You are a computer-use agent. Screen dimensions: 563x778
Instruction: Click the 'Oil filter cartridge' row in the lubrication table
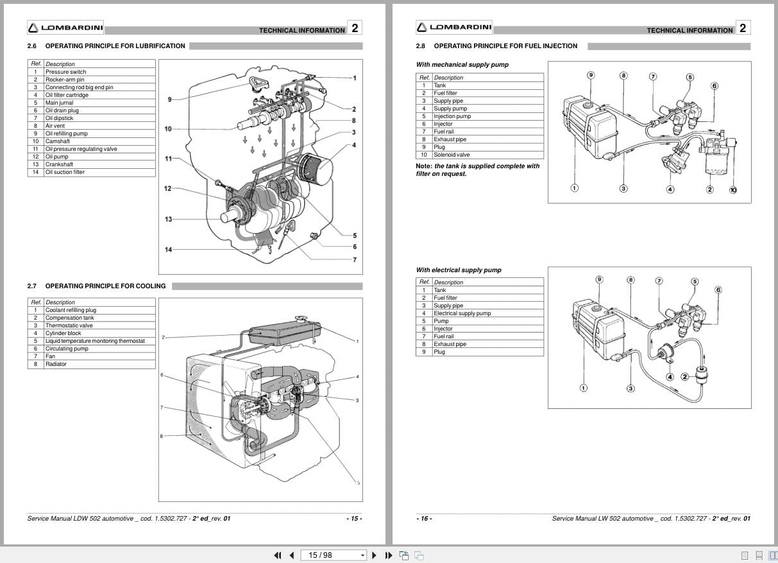[x=67, y=95]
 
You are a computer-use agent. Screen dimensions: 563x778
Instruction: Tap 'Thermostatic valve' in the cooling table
[x=69, y=325]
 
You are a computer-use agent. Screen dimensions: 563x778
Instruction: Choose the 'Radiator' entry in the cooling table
[x=56, y=364]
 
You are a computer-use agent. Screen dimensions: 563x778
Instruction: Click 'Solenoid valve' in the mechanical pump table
[x=452, y=155]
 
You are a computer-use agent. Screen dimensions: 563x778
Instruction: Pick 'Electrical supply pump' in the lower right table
[x=462, y=313]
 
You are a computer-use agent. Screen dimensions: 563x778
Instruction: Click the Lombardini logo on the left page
[x=65, y=28]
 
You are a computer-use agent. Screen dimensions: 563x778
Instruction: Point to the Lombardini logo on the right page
[x=454, y=27]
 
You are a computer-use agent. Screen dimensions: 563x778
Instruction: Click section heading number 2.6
[x=32, y=46]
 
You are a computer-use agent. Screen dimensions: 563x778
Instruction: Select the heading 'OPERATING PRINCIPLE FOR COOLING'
[x=105, y=286]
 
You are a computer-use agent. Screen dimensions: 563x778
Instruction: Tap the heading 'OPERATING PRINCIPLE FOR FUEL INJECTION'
[x=505, y=46]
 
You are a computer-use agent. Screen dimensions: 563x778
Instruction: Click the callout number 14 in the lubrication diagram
[x=168, y=250]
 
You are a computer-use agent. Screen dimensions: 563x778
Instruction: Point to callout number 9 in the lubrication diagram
[x=169, y=100]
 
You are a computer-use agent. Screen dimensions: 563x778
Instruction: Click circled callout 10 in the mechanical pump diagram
[x=733, y=189]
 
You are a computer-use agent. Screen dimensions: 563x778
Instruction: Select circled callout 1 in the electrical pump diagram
[x=583, y=388]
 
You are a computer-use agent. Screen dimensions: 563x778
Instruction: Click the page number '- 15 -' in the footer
[x=354, y=519]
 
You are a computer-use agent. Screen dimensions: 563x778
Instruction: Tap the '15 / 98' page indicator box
[x=334, y=555]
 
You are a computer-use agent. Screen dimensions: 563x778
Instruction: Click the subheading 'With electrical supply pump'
[x=459, y=270]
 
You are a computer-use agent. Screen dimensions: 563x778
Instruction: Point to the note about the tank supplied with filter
[x=478, y=170]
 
